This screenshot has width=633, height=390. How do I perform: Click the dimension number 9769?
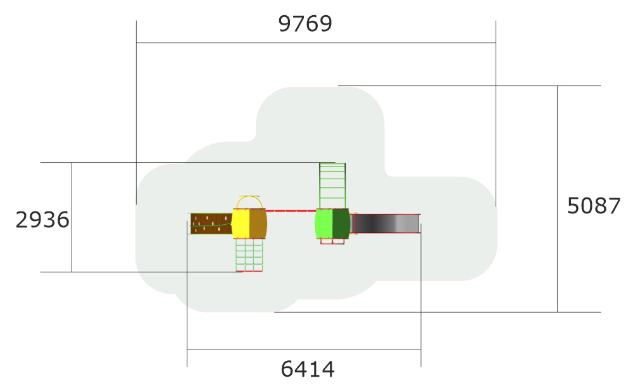[305, 23]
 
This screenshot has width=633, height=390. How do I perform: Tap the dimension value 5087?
[594, 206]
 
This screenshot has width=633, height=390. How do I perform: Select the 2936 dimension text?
[42, 220]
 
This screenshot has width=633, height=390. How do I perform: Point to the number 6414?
[308, 369]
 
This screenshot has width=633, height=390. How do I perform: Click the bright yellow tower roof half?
[241, 223]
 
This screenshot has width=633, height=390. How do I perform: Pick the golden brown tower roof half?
[258, 223]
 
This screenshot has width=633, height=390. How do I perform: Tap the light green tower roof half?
[323, 223]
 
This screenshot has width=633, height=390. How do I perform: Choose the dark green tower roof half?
[341, 223]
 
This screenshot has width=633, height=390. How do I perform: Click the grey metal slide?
[385, 223]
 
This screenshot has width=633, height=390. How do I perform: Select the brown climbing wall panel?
[211, 223]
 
